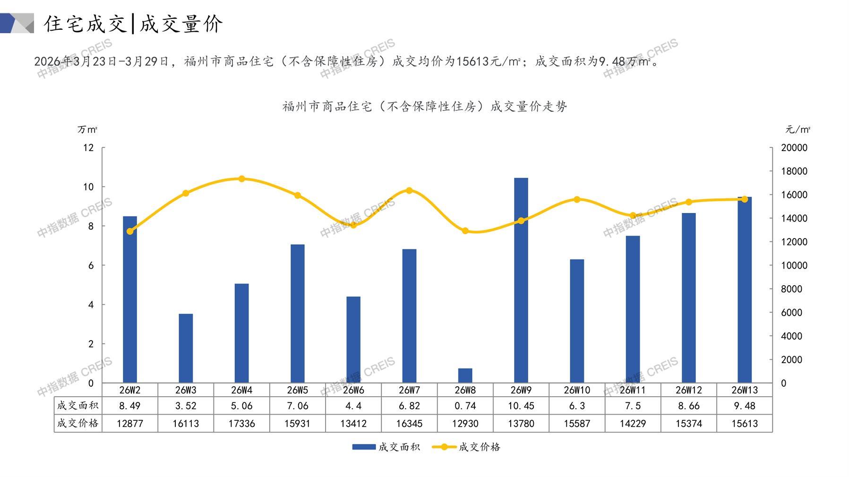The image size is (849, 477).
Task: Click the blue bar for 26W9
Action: (x=521, y=281)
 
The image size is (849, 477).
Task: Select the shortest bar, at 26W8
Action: (x=465, y=375)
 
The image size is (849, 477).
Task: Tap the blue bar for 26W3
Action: (x=186, y=349)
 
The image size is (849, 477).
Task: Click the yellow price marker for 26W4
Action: (x=241, y=179)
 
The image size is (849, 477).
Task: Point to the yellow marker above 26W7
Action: (x=409, y=191)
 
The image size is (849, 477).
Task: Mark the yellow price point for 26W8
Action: (x=465, y=231)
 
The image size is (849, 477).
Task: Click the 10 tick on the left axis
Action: (x=88, y=187)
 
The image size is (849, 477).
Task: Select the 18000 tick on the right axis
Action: (x=794, y=171)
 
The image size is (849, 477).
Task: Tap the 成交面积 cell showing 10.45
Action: (x=521, y=406)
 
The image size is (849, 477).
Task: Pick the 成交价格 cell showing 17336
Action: (x=241, y=424)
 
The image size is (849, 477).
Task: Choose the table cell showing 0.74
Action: (x=465, y=406)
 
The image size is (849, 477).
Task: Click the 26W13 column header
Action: (x=744, y=390)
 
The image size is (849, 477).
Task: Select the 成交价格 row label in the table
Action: (x=78, y=423)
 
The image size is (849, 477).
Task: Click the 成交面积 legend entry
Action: (x=386, y=447)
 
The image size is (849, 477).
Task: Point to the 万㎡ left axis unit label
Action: (x=87, y=129)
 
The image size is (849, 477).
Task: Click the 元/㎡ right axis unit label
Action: (x=798, y=129)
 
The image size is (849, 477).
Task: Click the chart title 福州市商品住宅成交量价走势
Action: (x=424, y=107)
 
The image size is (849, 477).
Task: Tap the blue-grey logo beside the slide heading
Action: (x=17, y=23)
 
